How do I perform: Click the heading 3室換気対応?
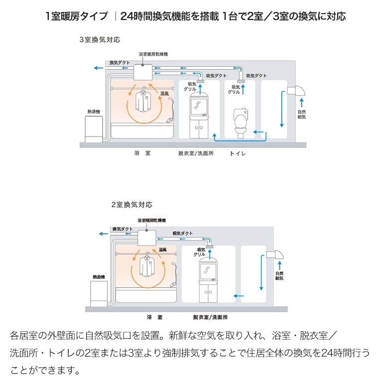point(100,39)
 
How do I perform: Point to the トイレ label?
point(238,154)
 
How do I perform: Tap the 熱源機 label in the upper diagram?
point(93,112)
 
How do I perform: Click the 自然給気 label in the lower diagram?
point(279,276)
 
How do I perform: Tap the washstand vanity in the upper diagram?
point(202,119)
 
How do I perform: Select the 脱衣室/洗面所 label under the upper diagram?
point(196,154)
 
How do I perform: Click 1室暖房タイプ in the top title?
point(76,16)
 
